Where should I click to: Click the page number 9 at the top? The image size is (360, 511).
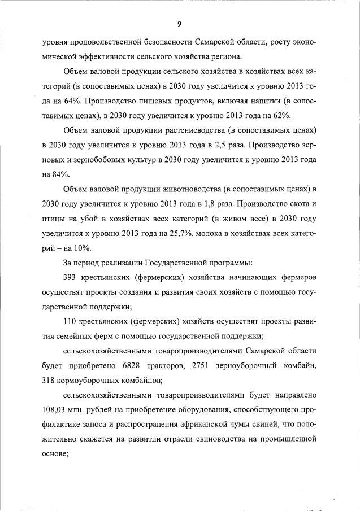[179, 24]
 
